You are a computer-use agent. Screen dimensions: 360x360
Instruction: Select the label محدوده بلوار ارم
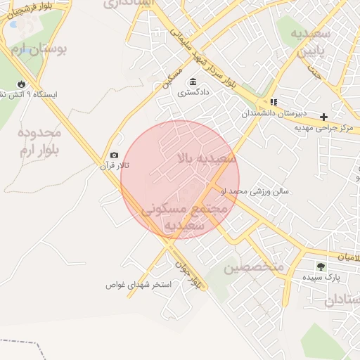point(39,140)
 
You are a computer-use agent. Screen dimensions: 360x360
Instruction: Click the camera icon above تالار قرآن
point(114,155)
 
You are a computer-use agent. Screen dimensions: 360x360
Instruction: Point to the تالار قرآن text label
point(109,167)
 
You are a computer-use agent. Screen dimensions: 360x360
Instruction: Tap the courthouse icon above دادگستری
point(193,82)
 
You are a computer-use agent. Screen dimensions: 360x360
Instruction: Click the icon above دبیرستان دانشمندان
point(274,102)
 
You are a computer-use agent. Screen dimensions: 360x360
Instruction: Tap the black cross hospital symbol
point(323,117)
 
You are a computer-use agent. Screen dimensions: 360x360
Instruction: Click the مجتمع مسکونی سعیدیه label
point(185,217)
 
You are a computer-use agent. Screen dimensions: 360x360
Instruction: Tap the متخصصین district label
point(253,268)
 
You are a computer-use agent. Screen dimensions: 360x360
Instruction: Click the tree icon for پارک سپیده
point(321,266)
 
